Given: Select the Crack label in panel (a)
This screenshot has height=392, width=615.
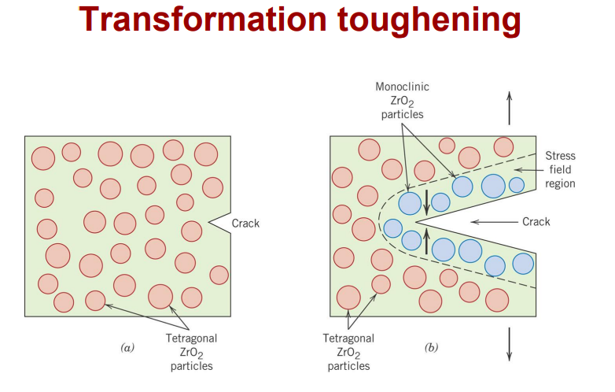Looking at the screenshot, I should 245,224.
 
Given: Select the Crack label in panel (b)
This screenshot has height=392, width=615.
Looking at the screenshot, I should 536,222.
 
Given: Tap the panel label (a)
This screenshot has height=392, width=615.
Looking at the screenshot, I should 127,346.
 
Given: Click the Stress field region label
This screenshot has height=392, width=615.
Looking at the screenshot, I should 559,169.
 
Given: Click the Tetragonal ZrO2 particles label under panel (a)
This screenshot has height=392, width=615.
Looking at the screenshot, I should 191,352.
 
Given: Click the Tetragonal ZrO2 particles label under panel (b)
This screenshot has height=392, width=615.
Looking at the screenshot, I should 348,352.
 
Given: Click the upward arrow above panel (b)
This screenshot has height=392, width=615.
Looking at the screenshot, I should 509,108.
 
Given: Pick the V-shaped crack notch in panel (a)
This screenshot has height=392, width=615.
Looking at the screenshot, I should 218,224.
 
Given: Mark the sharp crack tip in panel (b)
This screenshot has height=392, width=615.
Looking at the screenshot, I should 417,223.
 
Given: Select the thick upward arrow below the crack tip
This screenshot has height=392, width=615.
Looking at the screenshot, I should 426,242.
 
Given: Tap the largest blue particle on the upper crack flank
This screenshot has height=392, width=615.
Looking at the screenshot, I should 493,186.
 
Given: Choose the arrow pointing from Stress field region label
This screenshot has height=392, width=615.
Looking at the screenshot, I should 526,169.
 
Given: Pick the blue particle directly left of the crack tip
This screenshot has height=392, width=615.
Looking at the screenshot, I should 393,228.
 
